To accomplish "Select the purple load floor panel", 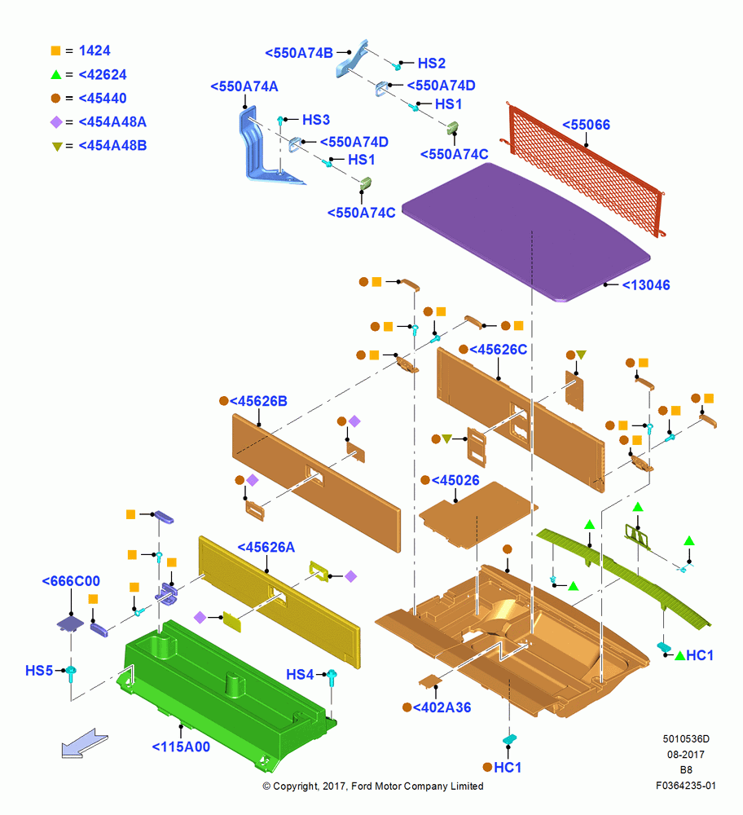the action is [x=525, y=231].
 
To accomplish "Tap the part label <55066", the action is [x=586, y=125].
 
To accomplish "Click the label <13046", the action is [x=646, y=284].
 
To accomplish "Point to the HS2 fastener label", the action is [x=432, y=64].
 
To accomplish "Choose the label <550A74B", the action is [x=299, y=53].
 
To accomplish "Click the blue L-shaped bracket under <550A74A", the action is [x=265, y=148].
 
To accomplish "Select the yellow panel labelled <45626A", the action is [x=279, y=601].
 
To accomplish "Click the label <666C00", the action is [x=71, y=581].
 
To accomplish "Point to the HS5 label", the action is [x=39, y=671].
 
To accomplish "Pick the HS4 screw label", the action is [x=300, y=675].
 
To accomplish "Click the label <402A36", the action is [x=442, y=707].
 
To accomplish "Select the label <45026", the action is [x=455, y=480].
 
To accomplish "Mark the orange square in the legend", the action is [x=55, y=51].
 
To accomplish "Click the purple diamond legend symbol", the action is [x=56, y=122].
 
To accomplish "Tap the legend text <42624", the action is [x=103, y=75].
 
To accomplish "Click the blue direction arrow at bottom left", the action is [x=84, y=743].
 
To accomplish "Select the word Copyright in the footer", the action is [x=295, y=786].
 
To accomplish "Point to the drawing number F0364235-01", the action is [x=686, y=786].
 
